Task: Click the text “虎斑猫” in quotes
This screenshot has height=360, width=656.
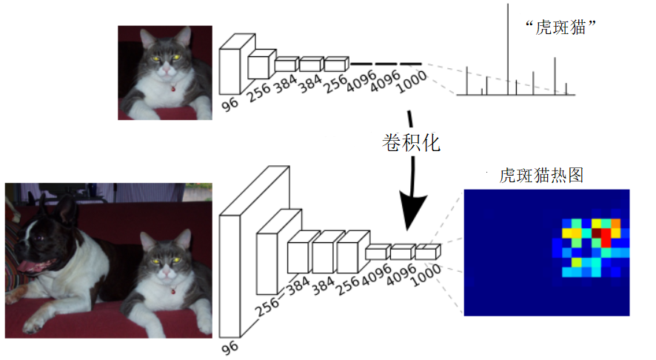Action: tap(560, 27)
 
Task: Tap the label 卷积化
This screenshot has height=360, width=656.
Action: tap(411, 143)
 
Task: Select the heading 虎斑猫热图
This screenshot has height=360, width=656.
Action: tap(541, 175)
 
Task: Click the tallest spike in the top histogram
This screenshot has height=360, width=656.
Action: tap(508, 50)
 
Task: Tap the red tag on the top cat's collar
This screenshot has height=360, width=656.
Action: tap(173, 88)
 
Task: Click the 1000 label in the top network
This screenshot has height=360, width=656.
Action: tap(412, 82)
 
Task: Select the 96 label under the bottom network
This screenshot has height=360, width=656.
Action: tap(230, 348)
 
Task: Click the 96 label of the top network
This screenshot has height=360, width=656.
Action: tap(230, 104)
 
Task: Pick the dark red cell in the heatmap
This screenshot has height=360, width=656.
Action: tap(596, 233)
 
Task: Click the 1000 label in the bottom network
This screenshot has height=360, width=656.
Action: tap(426, 276)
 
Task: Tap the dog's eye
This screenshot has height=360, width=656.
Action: tap(39, 239)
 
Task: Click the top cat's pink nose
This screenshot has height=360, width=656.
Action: tap(166, 70)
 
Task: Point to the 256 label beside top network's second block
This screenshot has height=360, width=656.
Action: tap(258, 93)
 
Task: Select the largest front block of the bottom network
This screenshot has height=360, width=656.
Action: tap(230, 276)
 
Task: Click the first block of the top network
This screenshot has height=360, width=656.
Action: tap(230, 72)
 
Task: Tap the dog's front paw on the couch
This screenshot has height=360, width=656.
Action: tap(34, 323)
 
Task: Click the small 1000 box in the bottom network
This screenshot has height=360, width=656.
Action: tap(427, 252)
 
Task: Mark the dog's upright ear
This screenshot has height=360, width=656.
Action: tap(65, 210)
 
